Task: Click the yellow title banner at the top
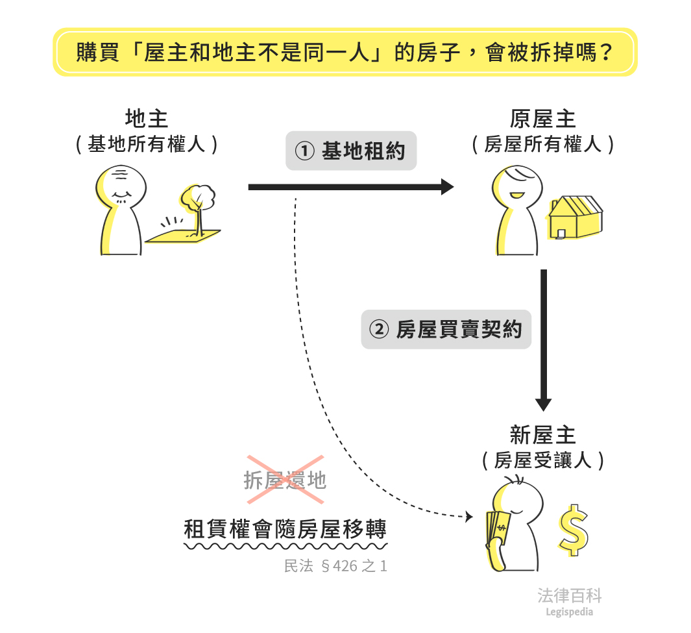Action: coord(345,52)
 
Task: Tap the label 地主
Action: coord(146,119)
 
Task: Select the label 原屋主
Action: coord(542,119)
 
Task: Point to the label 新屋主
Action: coord(542,435)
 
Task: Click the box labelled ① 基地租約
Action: coord(350,151)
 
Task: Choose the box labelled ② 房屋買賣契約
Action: coord(446,330)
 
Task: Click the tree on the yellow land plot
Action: coord(199,201)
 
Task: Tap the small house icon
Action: coord(575,217)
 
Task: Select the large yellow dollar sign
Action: coord(573,529)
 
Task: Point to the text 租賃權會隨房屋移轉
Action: coord(285,529)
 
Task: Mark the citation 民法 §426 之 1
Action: coord(335,566)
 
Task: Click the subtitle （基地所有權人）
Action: coord(146,144)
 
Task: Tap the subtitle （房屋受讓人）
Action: coord(542,460)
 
